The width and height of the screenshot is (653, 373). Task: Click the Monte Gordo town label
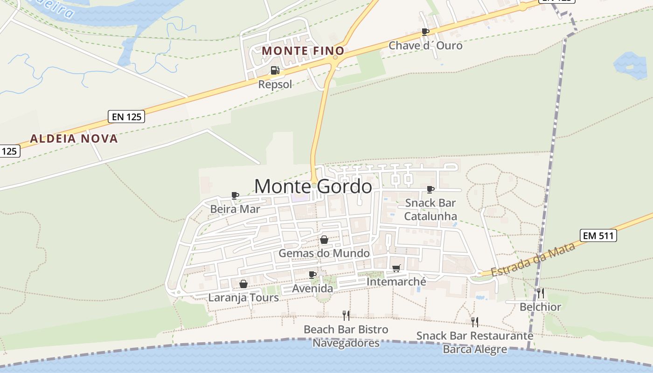[313, 186]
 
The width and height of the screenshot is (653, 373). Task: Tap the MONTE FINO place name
[303, 51]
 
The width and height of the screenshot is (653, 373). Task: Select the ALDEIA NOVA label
[74, 138]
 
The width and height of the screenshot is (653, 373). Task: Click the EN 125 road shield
[126, 117]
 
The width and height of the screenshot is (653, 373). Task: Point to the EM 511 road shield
[598, 235]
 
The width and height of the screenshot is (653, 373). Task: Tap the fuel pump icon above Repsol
[275, 70]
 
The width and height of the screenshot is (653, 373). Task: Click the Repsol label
[275, 84]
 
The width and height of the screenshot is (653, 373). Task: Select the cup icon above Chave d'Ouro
[425, 32]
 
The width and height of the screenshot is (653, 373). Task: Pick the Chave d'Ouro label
[425, 46]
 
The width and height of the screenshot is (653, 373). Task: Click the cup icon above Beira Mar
[235, 195]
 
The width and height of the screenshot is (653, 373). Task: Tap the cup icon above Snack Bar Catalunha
[431, 189]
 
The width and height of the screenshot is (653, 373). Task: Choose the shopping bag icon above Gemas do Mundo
[324, 240]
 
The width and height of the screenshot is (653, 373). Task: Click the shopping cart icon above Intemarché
[396, 268]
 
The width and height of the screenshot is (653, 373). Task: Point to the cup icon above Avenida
[313, 275]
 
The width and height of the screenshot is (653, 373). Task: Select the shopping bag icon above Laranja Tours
[243, 284]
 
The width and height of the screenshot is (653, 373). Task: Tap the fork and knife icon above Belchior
[541, 293]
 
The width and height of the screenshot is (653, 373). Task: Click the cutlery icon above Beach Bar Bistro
[346, 316]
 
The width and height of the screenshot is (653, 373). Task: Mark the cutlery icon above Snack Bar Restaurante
[474, 322]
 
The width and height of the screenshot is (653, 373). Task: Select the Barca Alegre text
[474, 349]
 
